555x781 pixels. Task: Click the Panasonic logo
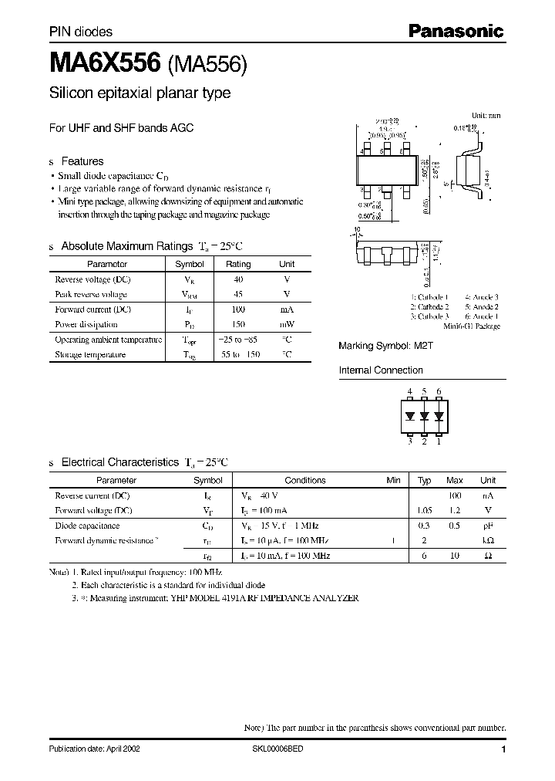(455, 32)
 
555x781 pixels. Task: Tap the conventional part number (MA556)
(207, 66)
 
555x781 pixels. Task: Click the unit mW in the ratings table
(286, 324)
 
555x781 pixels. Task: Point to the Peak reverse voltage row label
(90, 294)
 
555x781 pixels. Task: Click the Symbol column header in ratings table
(190, 264)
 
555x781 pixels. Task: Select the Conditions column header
(305, 480)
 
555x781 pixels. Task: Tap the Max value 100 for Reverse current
(455, 495)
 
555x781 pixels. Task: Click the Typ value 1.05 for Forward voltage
(424, 510)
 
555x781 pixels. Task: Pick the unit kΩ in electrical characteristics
(488, 540)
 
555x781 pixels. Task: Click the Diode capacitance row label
(86, 525)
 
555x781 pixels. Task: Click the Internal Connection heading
(381, 370)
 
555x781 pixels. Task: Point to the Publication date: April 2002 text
(94, 749)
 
